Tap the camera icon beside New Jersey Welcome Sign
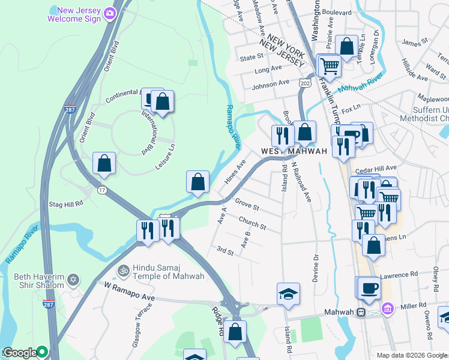[109, 13]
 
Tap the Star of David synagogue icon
[74, 280]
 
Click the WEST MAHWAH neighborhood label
[294, 151]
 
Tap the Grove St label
[247, 205]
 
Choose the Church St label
[252, 223]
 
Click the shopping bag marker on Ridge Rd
[235, 331]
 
